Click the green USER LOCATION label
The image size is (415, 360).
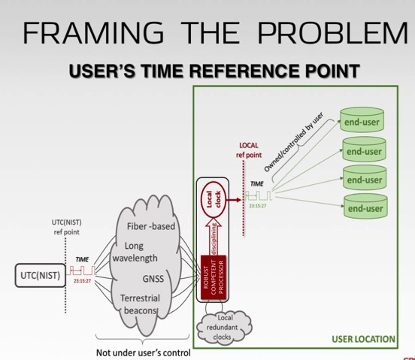363,340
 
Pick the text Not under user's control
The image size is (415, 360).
143,352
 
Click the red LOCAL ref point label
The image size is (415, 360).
249,150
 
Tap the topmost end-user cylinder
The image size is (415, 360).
362,122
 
